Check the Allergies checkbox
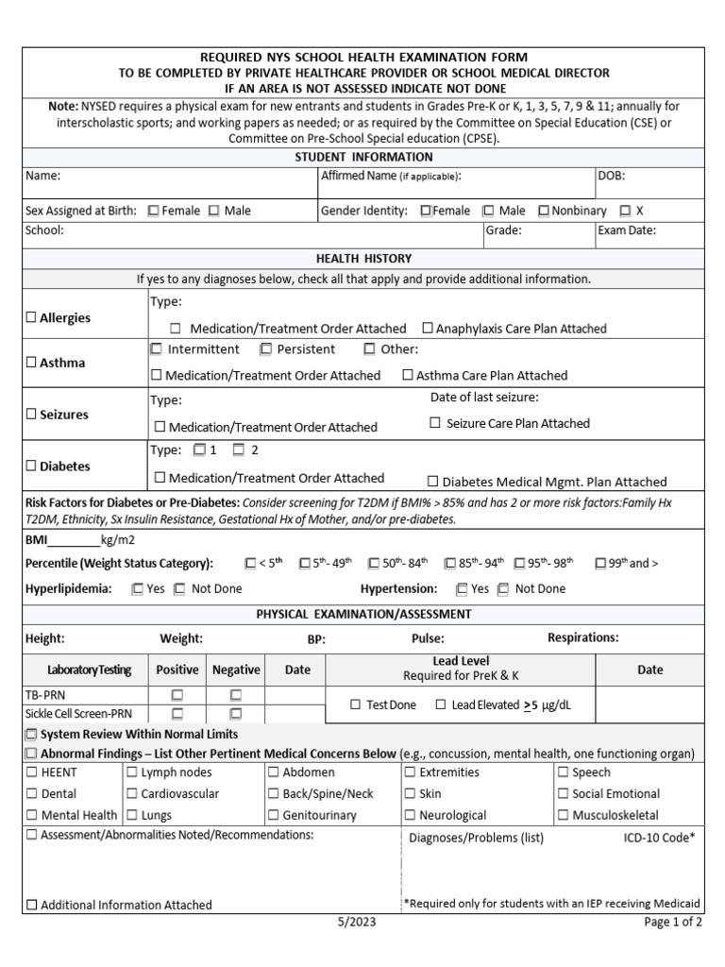tap(31, 318)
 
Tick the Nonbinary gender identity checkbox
tap(544, 211)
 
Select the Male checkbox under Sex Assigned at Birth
tap(213, 211)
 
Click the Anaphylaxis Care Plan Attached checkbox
tap(428, 329)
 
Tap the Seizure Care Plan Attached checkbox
tap(435, 423)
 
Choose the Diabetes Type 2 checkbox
tap(239, 450)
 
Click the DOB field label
tap(611, 176)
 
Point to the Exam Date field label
tap(627, 229)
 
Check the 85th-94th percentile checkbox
tap(449, 564)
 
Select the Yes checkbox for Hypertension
tap(462, 588)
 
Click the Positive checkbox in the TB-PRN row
tap(177, 695)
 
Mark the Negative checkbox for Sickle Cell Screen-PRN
tap(235, 714)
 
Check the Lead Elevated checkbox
tap(442, 704)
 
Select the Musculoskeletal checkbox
tap(564, 815)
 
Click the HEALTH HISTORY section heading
tap(363, 258)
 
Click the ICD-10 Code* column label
tap(659, 838)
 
